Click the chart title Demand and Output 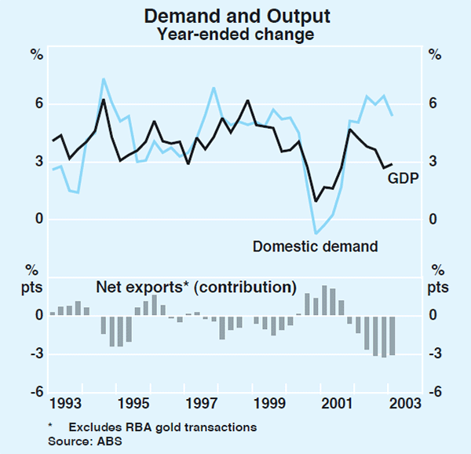pyautogui.click(x=235, y=15)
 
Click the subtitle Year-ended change pyautogui.click(x=235, y=34)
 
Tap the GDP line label pyautogui.click(x=403, y=178)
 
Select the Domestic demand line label pyautogui.click(x=315, y=247)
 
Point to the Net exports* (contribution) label pyautogui.click(x=195, y=286)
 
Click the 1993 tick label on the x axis pyautogui.click(x=65, y=405)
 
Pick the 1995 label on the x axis pyautogui.click(x=135, y=405)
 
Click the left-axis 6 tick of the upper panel pyautogui.click(x=37, y=104)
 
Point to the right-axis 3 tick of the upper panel pyautogui.click(x=434, y=162)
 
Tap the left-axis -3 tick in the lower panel pyautogui.click(x=35, y=354)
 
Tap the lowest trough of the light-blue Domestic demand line pyautogui.click(x=316, y=233)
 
